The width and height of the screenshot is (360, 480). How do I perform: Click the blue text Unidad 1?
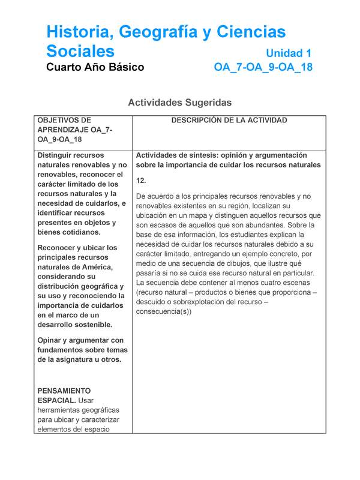(x=289, y=53)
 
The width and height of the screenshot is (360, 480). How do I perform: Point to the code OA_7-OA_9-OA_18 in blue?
(x=263, y=67)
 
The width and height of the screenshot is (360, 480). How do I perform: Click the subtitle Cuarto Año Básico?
(x=95, y=67)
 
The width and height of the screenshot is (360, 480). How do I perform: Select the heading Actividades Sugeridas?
(x=179, y=103)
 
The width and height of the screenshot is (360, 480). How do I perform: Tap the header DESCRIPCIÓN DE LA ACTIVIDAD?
(x=229, y=120)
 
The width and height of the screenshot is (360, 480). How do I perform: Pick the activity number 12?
(x=142, y=181)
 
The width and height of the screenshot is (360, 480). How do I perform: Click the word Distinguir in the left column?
(x=58, y=155)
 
